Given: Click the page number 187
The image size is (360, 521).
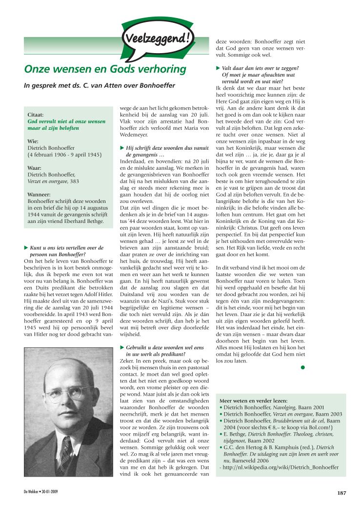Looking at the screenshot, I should pos(341,493).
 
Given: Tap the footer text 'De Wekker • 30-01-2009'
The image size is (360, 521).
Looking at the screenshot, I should pos(41,492).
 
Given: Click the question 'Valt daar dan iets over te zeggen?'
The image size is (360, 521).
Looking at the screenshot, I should pos(260,68).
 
